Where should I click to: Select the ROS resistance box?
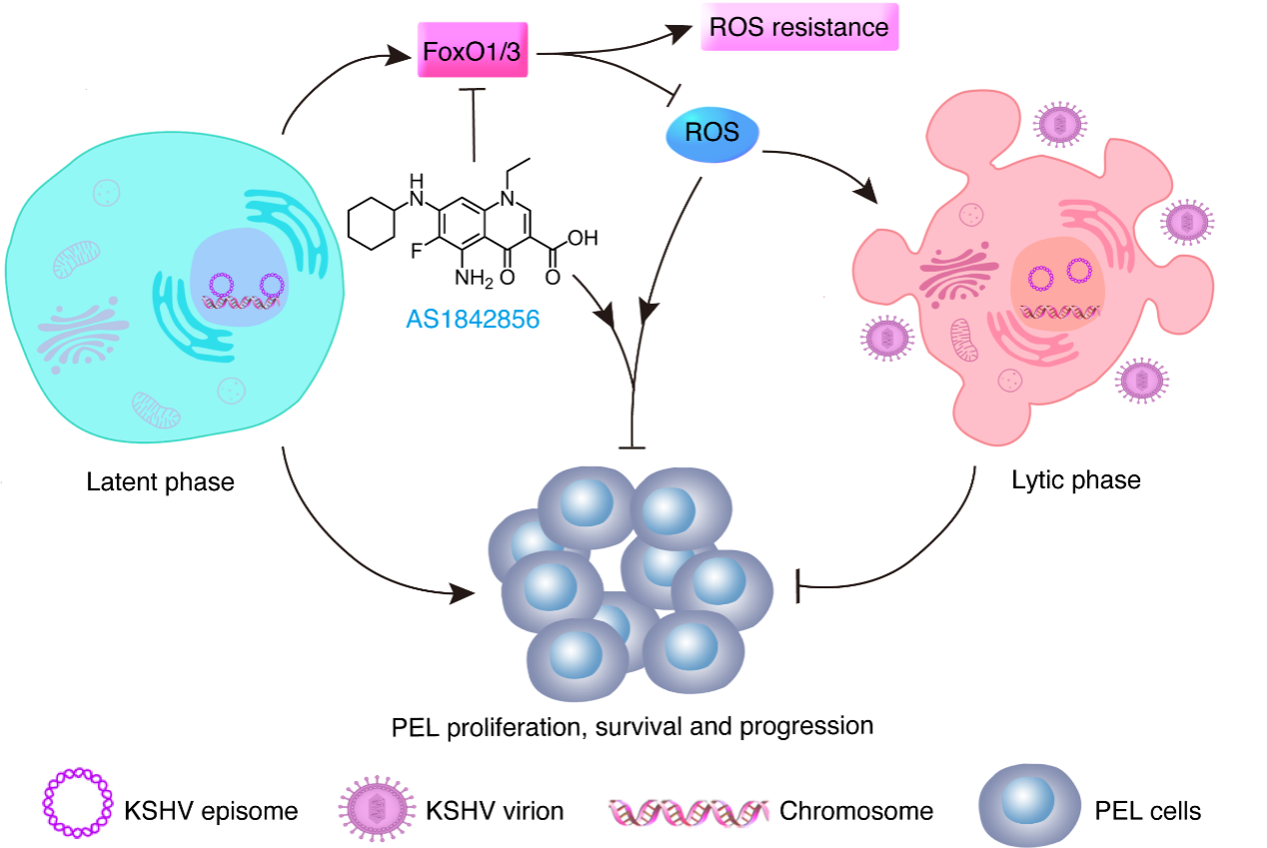click(x=798, y=27)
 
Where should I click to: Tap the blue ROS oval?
click(x=712, y=133)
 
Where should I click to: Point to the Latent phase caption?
click(x=160, y=481)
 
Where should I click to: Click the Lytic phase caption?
click(x=1075, y=479)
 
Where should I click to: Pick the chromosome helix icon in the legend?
click(x=687, y=810)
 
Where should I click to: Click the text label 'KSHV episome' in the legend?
click(x=211, y=810)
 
